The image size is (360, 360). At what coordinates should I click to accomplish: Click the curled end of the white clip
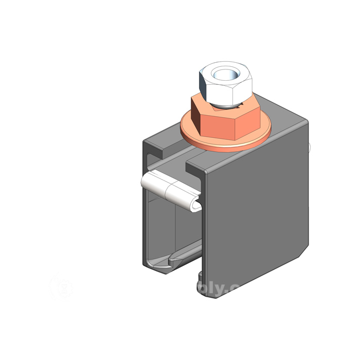coord(195,205)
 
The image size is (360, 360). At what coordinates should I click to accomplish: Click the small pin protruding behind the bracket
coord(310,148)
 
